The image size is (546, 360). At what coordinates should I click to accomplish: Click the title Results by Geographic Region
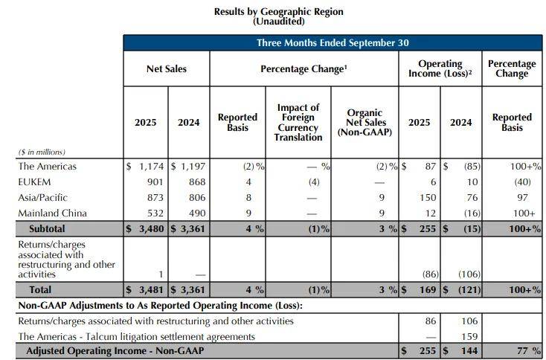point(278,12)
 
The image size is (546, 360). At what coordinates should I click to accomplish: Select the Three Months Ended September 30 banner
point(333,43)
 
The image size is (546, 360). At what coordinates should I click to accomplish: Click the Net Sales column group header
point(167,69)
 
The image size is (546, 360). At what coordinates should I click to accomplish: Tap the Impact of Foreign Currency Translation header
point(298,122)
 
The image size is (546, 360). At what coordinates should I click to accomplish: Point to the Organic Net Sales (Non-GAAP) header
point(364,123)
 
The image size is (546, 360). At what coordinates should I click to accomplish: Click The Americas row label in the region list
point(48,167)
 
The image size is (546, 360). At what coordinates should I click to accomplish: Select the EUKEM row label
point(34,182)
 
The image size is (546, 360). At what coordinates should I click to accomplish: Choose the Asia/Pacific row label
point(42,198)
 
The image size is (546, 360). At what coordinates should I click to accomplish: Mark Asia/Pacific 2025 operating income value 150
point(426,198)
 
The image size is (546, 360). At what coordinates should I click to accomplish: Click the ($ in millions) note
point(42,152)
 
